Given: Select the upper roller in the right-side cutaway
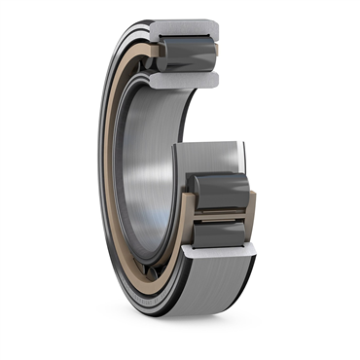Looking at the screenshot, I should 221,192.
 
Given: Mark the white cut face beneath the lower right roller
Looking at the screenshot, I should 220,251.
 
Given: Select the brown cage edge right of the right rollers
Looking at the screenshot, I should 251,209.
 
